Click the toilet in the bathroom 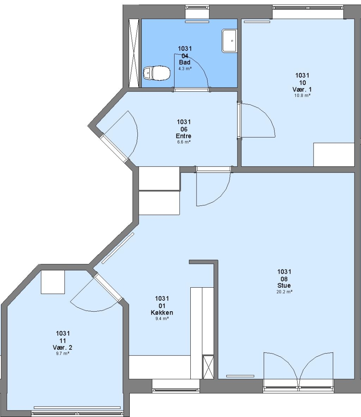[157, 73]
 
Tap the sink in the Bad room [229, 41]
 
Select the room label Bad [185, 62]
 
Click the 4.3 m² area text [185, 69]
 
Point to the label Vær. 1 [302, 89]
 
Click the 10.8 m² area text [302, 95]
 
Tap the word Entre [183, 136]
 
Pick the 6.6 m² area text [184, 142]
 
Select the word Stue [284, 285]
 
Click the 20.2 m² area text [285, 292]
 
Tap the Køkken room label [162, 312]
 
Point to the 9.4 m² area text [162, 319]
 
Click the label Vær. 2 [63, 347]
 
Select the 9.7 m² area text [63, 353]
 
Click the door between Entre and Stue [214, 186]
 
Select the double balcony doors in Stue [298, 371]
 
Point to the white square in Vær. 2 [53, 282]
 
